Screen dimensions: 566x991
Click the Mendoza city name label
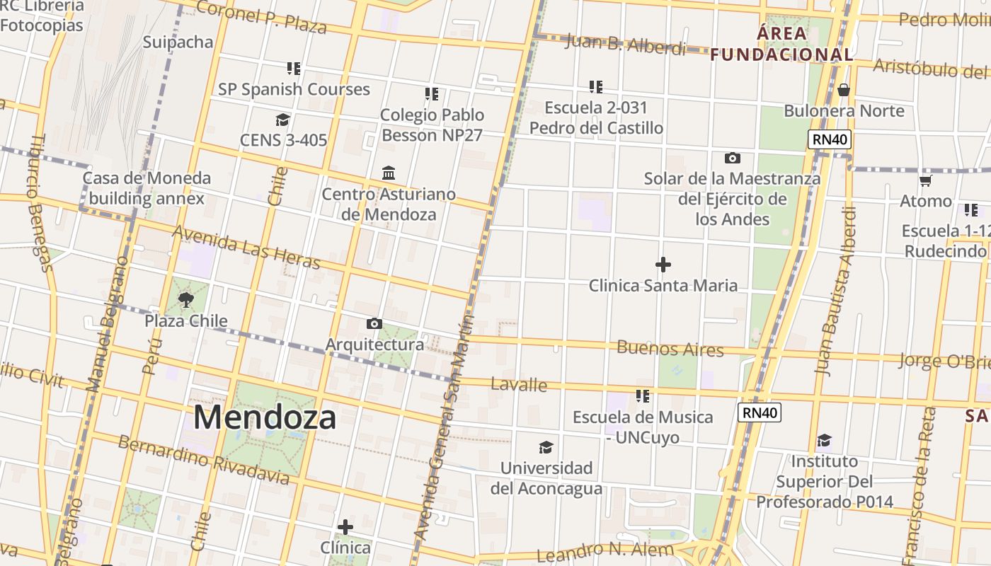265,417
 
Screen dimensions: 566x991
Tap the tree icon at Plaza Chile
186,300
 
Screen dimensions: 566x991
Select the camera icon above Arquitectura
374,324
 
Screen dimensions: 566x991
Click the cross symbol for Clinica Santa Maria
663,265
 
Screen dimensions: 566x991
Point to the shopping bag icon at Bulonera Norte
843,90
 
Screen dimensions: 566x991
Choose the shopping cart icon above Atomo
925,180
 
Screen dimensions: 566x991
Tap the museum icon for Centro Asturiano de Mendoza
389,173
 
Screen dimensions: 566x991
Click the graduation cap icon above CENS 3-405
283,120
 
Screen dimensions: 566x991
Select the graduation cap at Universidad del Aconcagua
546,447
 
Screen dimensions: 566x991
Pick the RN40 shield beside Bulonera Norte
830,139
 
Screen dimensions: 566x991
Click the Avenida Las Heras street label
246,248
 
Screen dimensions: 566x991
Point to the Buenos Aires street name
670,348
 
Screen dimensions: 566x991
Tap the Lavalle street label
519,384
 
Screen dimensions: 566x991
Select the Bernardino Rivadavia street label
203,460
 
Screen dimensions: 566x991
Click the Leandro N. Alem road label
605,551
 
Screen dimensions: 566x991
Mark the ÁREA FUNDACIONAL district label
781,44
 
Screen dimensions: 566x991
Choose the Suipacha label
178,42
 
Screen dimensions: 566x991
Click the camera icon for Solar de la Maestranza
733,158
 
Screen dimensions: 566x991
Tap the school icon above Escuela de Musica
643,396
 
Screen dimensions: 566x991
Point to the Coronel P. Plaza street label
261,17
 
